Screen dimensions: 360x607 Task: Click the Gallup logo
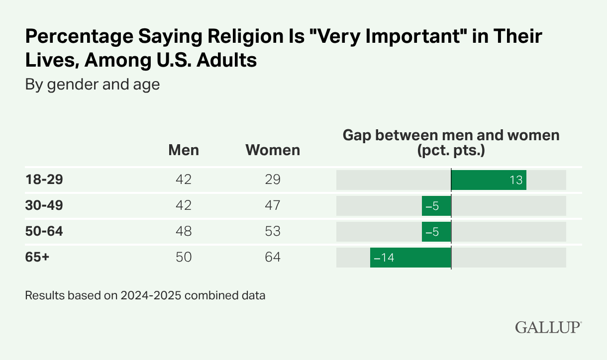[548, 328]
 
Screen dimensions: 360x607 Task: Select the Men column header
[184, 150]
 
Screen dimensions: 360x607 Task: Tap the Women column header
[273, 150]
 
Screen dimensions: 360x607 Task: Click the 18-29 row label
[44, 180]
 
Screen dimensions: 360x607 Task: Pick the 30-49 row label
[44, 205]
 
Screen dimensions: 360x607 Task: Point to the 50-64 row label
[44, 231]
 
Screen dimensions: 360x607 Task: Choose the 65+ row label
[37, 257]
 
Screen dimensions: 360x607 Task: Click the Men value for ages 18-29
[184, 180]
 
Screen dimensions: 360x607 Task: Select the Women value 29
[273, 180]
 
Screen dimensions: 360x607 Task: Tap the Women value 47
[273, 205]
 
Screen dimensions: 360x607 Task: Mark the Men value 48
[184, 231]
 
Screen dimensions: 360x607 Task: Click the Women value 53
[273, 231]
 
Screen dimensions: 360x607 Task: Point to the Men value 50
[184, 257]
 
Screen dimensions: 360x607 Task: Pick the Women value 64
[273, 257]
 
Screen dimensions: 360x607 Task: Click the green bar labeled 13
[489, 180]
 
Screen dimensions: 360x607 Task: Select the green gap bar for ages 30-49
[436, 205]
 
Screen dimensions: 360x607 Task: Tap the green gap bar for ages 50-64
[436, 231]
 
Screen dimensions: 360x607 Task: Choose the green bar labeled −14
[410, 257]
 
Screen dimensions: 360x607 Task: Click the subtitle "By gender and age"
[93, 85]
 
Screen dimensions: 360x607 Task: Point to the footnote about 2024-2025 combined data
[145, 295]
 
